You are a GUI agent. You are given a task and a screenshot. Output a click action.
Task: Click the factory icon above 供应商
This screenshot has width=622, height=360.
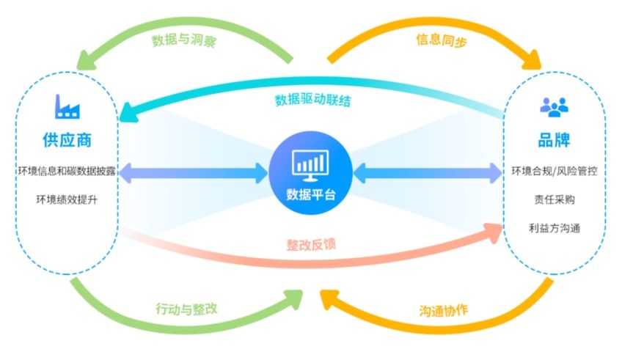click(x=67, y=106)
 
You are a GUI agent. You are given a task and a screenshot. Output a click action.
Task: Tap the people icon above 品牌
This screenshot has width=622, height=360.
click(x=555, y=107)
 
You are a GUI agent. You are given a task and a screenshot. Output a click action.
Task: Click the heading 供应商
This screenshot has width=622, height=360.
click(x=67, y=140)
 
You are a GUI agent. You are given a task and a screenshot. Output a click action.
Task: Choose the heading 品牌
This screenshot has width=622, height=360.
click(x=555, y=140)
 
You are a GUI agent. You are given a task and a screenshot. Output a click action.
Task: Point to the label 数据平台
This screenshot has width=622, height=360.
click(x=311, y=195)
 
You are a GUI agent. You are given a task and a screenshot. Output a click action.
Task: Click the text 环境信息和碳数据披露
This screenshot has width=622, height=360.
click(x=67, y=171)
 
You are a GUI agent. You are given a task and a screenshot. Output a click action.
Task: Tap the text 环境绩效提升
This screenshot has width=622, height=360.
click(x=67, y=199)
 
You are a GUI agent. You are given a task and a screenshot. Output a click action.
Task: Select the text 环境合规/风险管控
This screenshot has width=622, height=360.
click(x=555, y=171)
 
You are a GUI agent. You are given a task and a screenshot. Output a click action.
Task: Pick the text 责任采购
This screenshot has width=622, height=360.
click(x=555, y=199)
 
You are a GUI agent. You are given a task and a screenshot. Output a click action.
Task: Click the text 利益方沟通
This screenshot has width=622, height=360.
click(x=555, y=228)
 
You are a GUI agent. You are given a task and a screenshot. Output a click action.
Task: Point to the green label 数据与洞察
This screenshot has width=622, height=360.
click(x=184, y=40)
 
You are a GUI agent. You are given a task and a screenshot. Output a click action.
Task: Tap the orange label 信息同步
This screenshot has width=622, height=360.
click(x=442, y=40)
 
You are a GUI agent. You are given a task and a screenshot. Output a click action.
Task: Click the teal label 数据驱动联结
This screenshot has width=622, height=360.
click(x=313, y=100)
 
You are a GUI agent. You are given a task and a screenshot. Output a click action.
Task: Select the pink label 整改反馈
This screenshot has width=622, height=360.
click(x=311, y=245)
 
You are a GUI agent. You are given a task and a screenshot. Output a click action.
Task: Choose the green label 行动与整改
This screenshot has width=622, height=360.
click(x=186, y=309)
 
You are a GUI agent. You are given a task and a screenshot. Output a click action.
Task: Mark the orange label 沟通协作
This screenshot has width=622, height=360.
click(x=444, y=310)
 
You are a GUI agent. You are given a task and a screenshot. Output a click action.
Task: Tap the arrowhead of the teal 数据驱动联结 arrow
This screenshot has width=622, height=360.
click(x=128, y=113)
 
